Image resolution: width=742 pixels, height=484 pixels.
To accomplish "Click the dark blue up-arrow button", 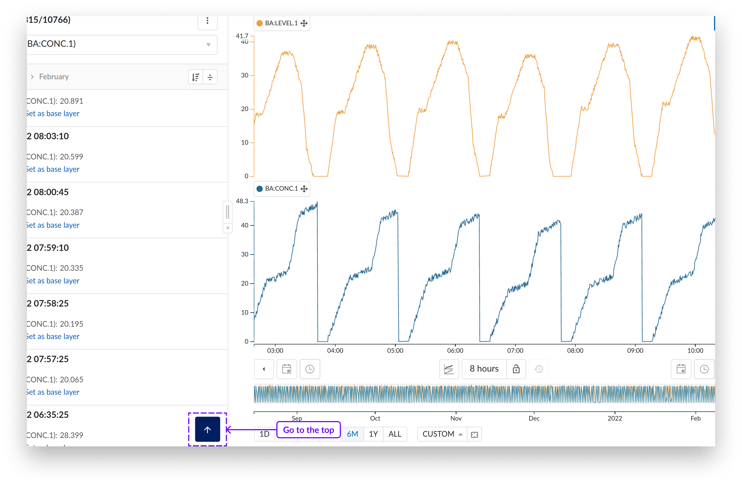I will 207,429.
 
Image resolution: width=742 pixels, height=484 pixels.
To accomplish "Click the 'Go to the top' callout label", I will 308,430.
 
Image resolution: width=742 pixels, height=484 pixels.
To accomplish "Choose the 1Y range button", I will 373,434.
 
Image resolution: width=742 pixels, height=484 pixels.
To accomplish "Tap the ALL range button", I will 395,434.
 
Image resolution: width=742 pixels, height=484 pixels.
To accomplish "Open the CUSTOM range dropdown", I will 442,434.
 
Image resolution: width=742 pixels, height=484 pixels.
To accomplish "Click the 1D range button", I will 264,434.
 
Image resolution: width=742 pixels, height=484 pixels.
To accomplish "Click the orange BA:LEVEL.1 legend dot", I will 259,23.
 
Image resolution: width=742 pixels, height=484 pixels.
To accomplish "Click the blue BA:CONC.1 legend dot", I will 259,189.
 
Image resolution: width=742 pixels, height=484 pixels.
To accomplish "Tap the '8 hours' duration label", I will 484,369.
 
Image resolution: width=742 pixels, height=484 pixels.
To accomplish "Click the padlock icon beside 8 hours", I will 516,369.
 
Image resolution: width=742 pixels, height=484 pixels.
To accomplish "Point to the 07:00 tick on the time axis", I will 515,350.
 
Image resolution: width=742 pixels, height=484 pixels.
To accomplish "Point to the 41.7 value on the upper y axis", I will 242,36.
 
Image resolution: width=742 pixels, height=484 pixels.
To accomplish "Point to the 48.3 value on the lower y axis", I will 242,201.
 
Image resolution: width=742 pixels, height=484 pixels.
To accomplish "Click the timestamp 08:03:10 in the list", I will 51,136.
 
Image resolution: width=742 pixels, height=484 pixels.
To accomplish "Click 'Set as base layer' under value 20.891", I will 53,113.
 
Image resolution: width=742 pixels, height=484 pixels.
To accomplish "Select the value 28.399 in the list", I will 72,435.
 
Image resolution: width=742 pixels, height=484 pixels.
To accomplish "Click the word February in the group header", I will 54,77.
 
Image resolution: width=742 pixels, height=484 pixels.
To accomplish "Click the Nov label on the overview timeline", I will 456,418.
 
